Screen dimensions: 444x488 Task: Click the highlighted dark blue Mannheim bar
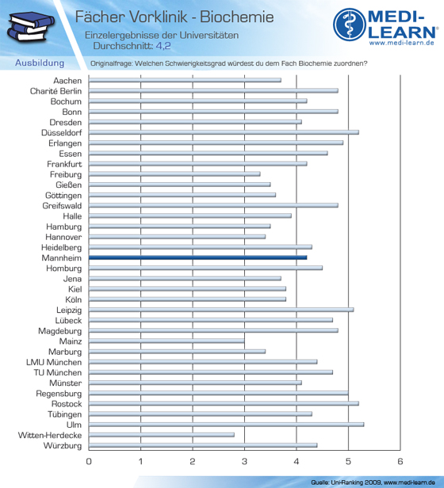(197, 257)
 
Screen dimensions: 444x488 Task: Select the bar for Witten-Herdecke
(162, 435)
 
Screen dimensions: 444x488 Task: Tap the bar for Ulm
(226, 425)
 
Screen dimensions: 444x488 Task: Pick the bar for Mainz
(166, 341)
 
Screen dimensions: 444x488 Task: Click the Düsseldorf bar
(224, 132)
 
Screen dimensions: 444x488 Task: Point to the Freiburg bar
(174, 174)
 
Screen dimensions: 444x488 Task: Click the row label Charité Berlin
(55, 91)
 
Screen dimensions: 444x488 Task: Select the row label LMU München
(54, 362)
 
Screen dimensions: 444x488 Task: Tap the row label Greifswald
(62, 206)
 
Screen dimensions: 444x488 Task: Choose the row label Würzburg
(63, 446)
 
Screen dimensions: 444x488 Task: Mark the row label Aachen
(67, 81)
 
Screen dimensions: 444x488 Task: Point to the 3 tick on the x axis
(244, 461)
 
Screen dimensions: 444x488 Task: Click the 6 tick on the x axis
(400, 461)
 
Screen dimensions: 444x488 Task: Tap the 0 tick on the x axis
(89, 461)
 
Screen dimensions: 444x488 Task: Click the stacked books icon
(30, 26)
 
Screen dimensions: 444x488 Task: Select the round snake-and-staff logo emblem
(350, 25)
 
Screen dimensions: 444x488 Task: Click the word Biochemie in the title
(237, 17)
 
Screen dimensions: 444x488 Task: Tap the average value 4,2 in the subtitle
(163, 46)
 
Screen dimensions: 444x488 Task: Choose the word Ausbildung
(40, 63)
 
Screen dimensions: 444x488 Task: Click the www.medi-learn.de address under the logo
(402, 43)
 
